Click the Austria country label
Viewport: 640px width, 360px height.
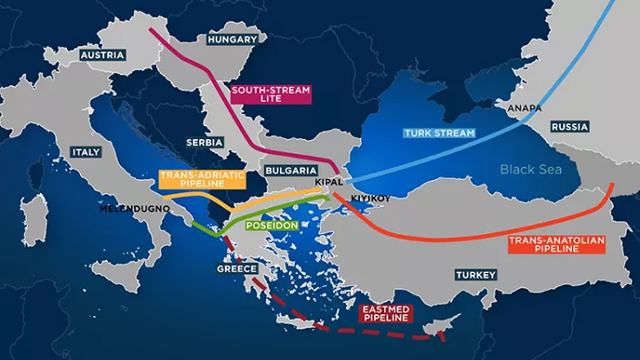point(103,55)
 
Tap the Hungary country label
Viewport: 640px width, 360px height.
point(232,38)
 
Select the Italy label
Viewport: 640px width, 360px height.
point(86,152)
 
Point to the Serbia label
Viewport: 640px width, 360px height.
point(204,142)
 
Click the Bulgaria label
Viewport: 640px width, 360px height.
point(286,170)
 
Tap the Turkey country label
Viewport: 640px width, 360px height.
point(475,275)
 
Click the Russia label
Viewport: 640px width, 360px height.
point(570,128)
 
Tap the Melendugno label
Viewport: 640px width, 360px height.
point(134,209)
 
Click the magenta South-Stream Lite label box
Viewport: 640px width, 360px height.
point(261,95)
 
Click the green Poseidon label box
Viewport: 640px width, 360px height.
point(269,223)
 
